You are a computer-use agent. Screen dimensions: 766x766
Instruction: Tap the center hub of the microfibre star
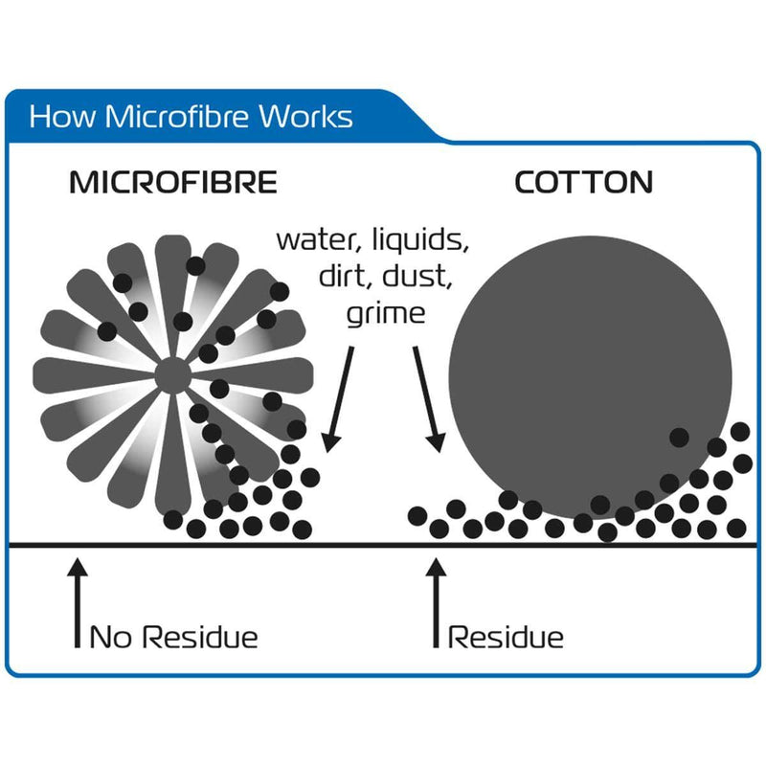click(x=171, y=374)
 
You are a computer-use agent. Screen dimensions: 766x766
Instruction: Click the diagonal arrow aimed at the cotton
click(x=427, y=397)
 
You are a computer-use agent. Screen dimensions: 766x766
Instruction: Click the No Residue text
click(x=173, y=637)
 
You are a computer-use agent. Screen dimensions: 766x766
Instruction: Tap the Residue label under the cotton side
click(x=506, y=637)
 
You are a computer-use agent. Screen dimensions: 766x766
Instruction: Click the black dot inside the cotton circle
click(x=679, y=438)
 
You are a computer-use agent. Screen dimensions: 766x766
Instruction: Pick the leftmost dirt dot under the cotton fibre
click(x=417, y=516)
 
